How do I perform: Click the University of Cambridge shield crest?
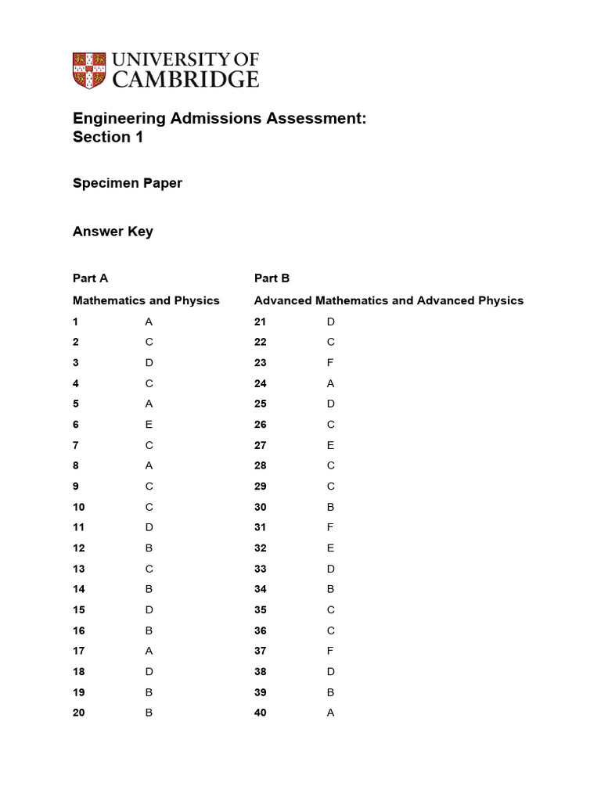pos(89,70)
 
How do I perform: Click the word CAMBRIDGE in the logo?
pos(185,79)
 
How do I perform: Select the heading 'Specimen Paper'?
pos(127,183)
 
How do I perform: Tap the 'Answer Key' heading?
pos(113,232)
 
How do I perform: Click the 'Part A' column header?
pos(90,278)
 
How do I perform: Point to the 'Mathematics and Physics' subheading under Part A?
pos(146,300)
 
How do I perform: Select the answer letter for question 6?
pos(149,424)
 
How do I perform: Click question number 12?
pos(79,548)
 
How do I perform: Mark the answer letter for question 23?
pos(330,362)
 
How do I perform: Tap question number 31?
pos(261,527)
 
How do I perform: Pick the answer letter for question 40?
pos(330,713)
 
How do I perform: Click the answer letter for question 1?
pos(149,321)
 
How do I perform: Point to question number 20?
pos(79,713)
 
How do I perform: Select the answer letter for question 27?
pos(330,445)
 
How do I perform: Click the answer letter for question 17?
pos(149,651)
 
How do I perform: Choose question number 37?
pos(261,651)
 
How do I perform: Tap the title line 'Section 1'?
pos(108,137)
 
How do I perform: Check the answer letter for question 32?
pos(330,548)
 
